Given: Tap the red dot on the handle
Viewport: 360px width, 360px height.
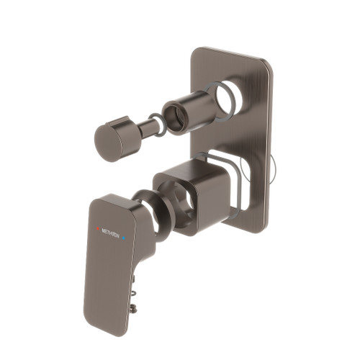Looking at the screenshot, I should click(x=98, y=230).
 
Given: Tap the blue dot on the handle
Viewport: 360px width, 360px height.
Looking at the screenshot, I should click(x=124, y=235).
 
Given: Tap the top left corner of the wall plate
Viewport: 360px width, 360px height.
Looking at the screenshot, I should click(x=197, y=52).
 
